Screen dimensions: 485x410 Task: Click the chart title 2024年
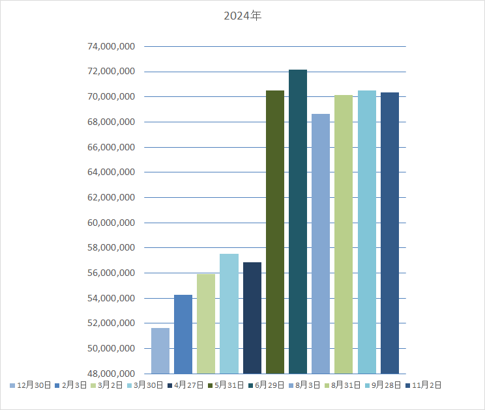pos(242,16)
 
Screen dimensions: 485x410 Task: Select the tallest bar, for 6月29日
pos(298,222)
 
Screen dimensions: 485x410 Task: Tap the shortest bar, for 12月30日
pos(160,351)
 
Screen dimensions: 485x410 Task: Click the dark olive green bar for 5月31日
pos(275,232)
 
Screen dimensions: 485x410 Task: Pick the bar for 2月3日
pos(183,334)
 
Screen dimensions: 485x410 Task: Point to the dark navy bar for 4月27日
pos(252,318)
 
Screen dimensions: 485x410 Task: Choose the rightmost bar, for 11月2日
pos(390,233)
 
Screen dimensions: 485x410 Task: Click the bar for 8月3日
pos(321,244)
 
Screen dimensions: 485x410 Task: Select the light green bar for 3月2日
pos(206,324)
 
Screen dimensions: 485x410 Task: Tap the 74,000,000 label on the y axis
pos(111,46)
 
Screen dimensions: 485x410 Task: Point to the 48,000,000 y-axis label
pos(111,374)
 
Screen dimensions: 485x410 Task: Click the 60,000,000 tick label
pos(111,223)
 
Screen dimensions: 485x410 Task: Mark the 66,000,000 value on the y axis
pos(111,147)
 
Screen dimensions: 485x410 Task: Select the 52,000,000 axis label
pos(111,323)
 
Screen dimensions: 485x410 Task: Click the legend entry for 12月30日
pos(30,385)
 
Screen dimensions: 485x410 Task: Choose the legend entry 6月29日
pos(267,385)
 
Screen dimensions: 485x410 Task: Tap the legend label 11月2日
pos(423,385)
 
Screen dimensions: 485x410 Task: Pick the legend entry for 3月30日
pos(145,385)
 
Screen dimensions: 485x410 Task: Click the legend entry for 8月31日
pos(343,385)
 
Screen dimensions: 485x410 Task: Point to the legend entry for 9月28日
pos(383,385)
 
